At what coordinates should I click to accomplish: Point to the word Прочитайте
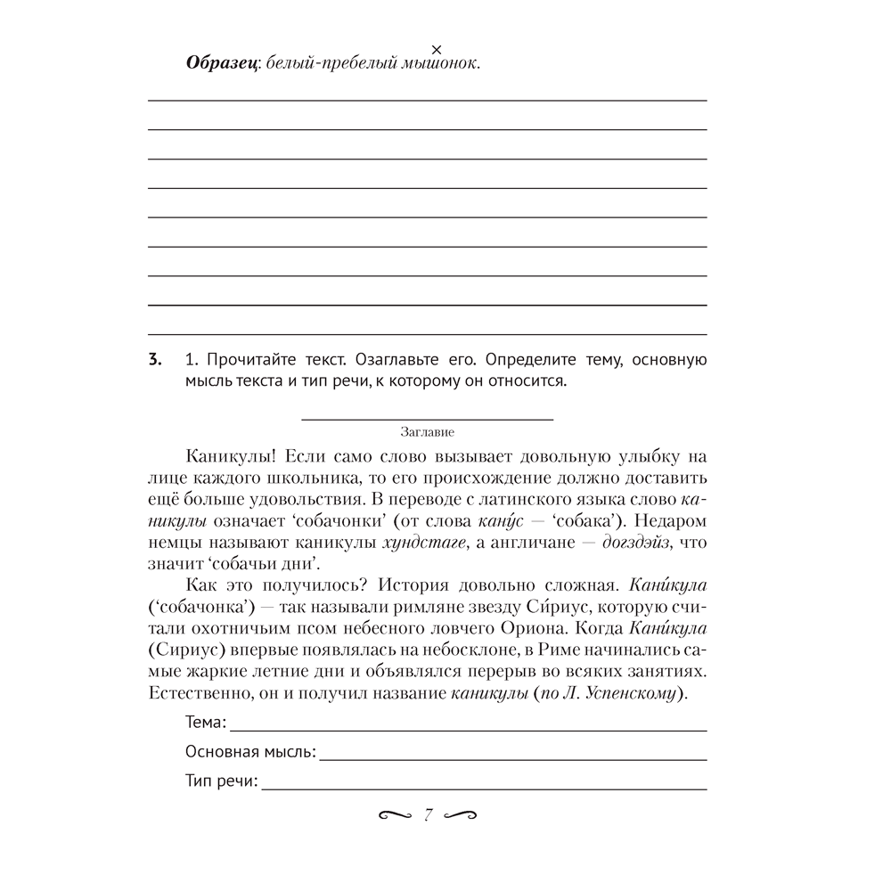[239, 361]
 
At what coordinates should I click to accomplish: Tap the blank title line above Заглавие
[428, 417]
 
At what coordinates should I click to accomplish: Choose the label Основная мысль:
[250, 753]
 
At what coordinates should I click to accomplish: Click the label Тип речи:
[222, 783]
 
